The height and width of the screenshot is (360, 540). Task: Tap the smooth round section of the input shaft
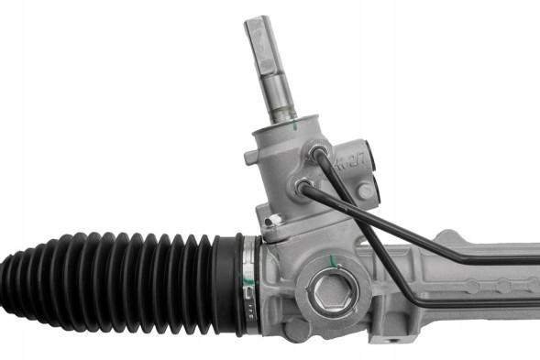tap(278, 92)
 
